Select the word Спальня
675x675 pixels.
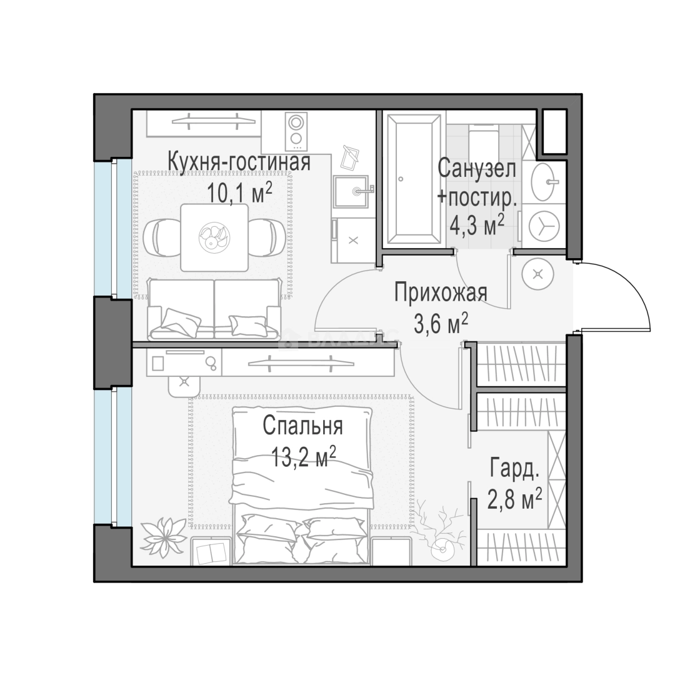(303, 426)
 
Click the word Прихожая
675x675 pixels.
(441, 292)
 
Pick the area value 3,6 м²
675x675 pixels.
(441, 323)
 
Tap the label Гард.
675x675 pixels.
(514, 468)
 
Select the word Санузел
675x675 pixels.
(476, 168)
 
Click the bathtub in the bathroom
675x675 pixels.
(413, 179)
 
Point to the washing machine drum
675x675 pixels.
(544, 226)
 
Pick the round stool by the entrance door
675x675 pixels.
(537, 273)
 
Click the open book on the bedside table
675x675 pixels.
(209, 552)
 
